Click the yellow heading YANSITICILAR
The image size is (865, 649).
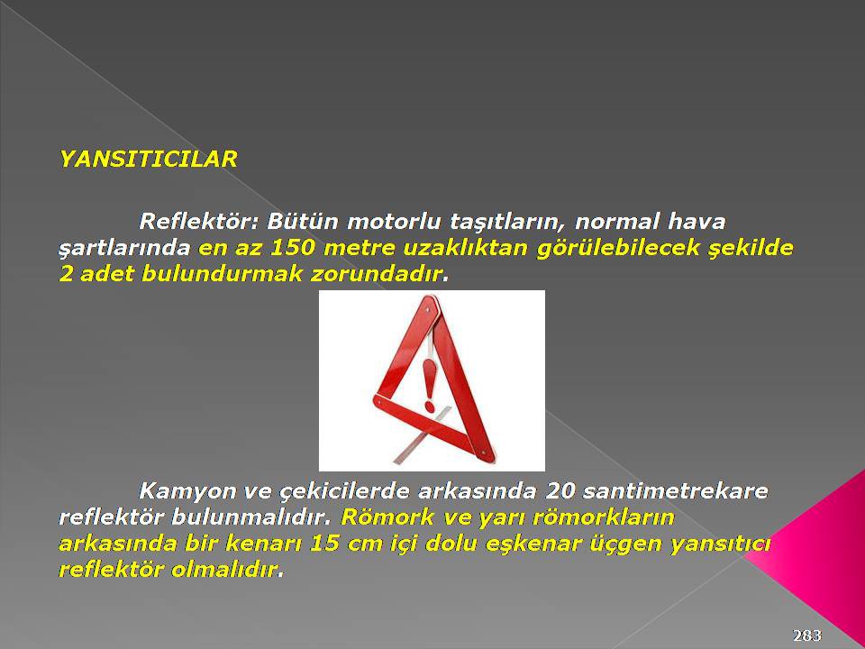point(149,160)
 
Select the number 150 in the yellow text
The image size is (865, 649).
point(292,248)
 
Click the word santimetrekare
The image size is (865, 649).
point(675,490)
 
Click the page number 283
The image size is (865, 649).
point(807,635)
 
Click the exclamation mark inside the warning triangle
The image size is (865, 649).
point(429,385)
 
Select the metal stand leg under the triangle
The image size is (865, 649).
point(422,434)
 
